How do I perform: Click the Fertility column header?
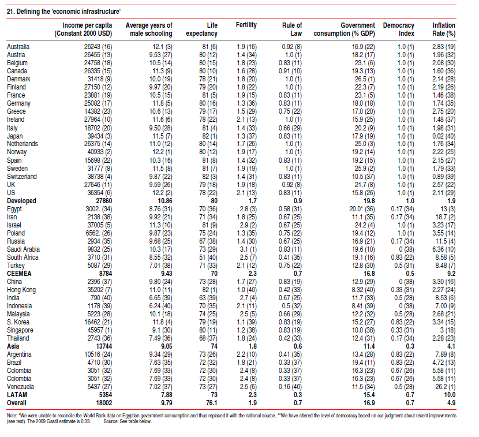(246, 25)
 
